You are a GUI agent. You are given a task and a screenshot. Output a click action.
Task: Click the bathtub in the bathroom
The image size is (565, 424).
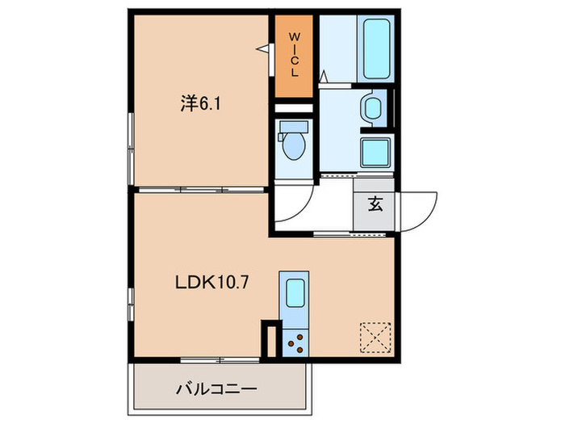click(375, 49)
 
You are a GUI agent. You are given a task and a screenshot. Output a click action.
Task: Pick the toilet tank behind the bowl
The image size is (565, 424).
click(293, 127)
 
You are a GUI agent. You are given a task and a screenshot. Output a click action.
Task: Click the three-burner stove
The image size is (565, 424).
click(295, 342)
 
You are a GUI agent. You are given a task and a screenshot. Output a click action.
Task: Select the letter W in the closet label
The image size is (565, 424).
click(295, 37)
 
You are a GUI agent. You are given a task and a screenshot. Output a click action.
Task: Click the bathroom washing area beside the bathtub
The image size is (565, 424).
click(337, 49)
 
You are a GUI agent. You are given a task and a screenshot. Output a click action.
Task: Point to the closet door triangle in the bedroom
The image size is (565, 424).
click(264, 50)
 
